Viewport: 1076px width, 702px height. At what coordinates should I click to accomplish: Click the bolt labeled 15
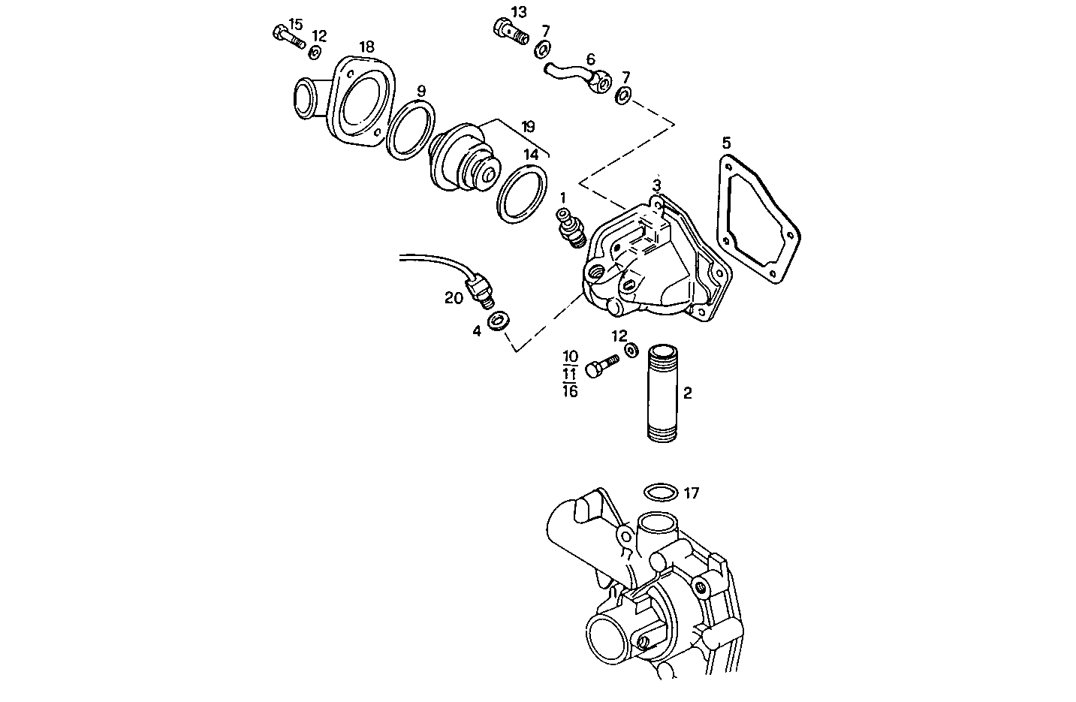pyautogui.click(x=287, y=37)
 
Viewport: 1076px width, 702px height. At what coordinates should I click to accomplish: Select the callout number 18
pyautogui.click(x=366, y=47)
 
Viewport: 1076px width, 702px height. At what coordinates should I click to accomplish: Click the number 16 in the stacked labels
pyautogui.click(x=570, y=390)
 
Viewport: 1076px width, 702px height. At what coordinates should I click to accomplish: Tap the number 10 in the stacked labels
pyautogui.click(x=570, y=356)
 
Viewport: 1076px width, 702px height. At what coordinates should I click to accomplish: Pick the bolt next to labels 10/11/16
pyautogui.click(x=600, y=368)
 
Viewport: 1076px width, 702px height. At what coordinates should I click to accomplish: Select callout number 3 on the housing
pyautogui.click(x=656, y=185)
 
